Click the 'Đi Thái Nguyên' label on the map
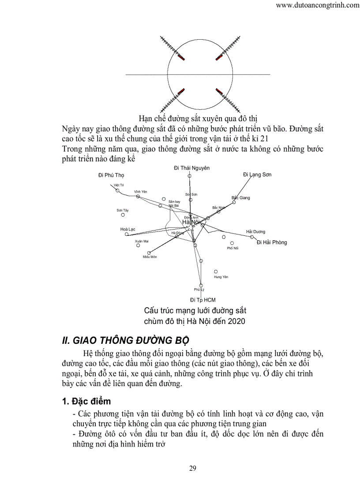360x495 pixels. tap(191, 168)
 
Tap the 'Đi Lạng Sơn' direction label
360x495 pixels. tap(257, 175)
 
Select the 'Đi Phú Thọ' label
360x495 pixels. tap(111, 175)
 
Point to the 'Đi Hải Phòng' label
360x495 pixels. tap(272, 242)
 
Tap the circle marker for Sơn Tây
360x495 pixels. tap(123, 215)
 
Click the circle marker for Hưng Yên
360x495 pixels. tap(216, 272)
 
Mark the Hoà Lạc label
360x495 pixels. tap(127, 230)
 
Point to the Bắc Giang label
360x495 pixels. tap(241, 197)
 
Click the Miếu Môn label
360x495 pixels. tap(150, 257)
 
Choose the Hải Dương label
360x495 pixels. tap(256, 231)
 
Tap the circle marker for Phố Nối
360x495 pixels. tap(232, 243)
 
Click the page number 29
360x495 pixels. tap(193, 468)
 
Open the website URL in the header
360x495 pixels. tap(317, 5)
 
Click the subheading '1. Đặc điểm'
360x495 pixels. tap(86, 402)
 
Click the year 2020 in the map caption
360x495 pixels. tap(236, 321)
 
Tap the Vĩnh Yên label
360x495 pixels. tap(141, 192)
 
